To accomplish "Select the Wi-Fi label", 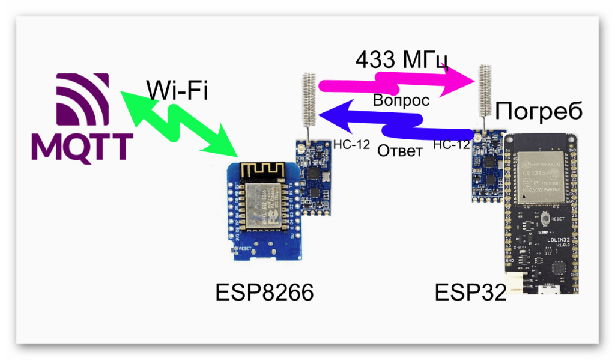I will tap(177, 89).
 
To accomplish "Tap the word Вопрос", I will tap(401, 100).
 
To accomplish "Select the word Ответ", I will tap(399, 150).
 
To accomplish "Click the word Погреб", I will tap(539, 112).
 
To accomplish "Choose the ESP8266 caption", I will tap(264, 293).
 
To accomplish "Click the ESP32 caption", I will tap(470, 293).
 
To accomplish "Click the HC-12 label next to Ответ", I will tap(450, 144).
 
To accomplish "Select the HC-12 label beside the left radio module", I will tap(350, 144).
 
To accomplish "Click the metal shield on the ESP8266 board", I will tap(259, 201).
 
